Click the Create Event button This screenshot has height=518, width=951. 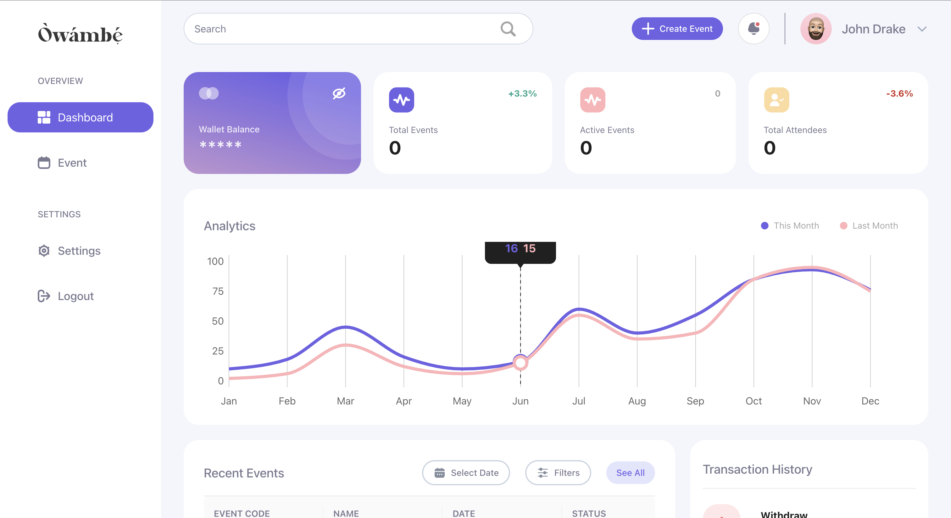click(x=677, y=29)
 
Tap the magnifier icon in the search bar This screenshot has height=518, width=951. click(x=508, y=29)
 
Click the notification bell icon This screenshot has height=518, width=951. click(x=754, y=29)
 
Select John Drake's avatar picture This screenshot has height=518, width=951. click(x=815, y=29)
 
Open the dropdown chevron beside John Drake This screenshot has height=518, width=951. click(x=922, y=29)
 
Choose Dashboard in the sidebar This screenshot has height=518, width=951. click(x=81, y=117)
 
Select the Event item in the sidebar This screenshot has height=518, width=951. click(x=72, y=163)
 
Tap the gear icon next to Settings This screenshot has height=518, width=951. click(x=44, y=251)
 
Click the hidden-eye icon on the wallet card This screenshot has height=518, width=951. click(x=339, y=93)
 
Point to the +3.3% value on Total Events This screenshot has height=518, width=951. click(x=522, y=94)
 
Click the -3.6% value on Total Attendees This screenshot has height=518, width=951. click(x=899, y=94)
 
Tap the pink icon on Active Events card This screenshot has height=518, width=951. click(x=592, y=100)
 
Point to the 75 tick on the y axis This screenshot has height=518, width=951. click(x=218, y=291)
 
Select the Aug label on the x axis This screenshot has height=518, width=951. click(x=637, y=401)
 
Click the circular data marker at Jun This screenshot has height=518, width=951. click(x=520, y=363)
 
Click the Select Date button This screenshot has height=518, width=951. click(x=466, y=473)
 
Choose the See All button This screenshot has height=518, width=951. click(x=630, y=473)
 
